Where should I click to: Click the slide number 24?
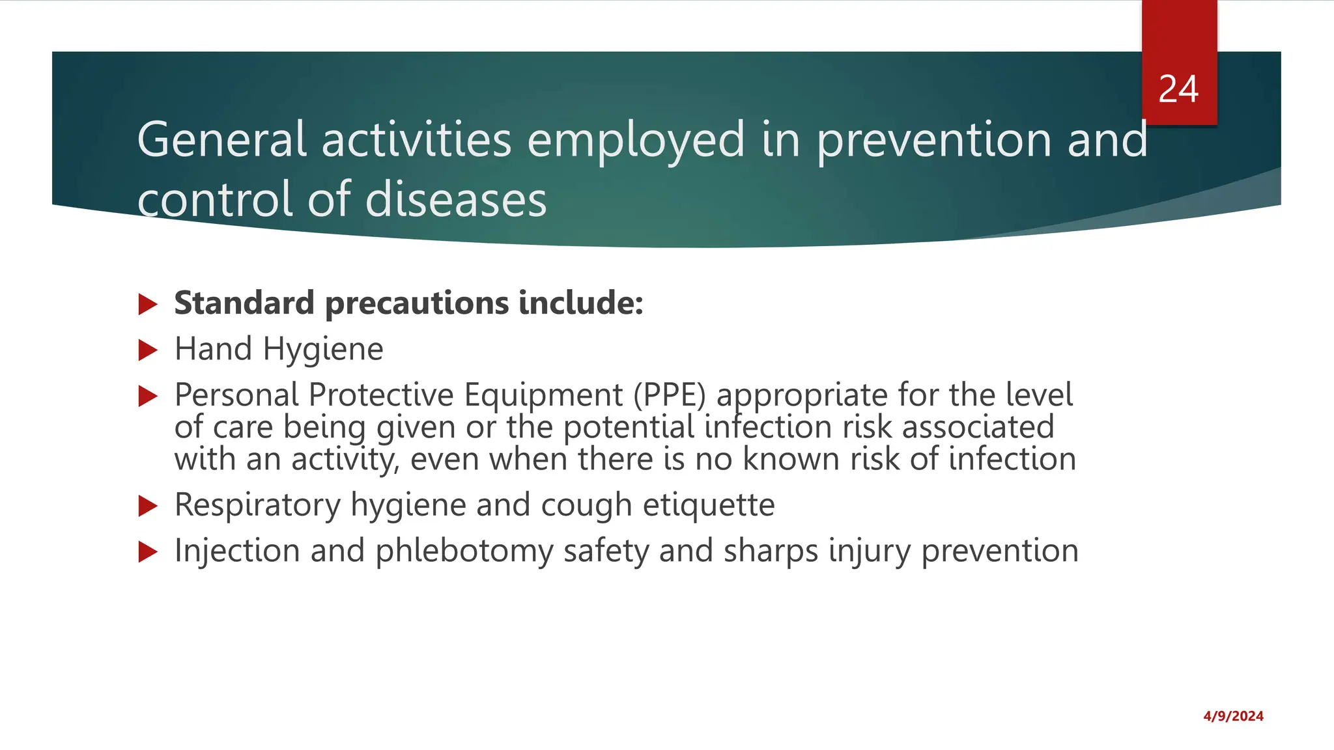(x=1178, y=89)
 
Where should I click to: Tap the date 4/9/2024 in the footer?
(x=1233, y=716)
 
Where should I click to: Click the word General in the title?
(x=221, y=139)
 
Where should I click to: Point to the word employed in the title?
(x=636, y=141)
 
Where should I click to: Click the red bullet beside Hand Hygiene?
(x=149, y=351)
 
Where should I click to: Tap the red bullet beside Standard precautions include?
(x=149, y=304)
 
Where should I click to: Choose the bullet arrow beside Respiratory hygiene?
(x=149, y=506)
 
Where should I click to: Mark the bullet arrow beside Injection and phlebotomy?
(x=149, y=552)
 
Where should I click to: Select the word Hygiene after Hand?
(x=323, y=350)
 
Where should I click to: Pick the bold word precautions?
(x=417, y=304)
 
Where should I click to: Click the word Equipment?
(x=543, y=395)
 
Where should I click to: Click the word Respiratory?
(x=257, y=506)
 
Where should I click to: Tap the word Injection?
(x=237, y=551)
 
